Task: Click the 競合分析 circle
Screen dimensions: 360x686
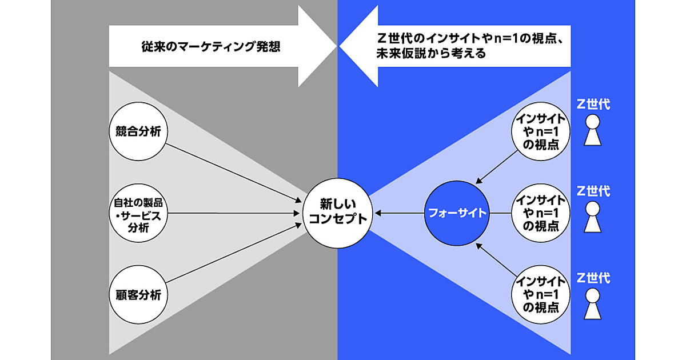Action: tap(137, 131)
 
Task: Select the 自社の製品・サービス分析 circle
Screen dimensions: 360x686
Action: tap(137, 213)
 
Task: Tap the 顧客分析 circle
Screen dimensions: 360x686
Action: tap(137, 295)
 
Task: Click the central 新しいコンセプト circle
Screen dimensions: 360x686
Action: tap(334, 213)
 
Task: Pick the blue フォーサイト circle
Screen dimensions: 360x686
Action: tap(457, 213)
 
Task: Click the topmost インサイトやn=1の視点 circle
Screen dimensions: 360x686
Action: tap(541, 131)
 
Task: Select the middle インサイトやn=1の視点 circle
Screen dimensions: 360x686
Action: tap(541, 213)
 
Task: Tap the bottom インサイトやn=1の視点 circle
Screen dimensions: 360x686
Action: tap(541, 295)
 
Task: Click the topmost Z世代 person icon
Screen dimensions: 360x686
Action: tap(593, 131)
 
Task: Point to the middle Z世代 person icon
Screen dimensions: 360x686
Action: tap(593, 217)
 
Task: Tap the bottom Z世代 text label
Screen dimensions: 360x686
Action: tap(593, 278)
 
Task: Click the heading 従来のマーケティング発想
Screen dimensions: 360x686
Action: tap(203, 47)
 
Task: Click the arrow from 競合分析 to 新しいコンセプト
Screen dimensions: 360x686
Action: tap(234, 171)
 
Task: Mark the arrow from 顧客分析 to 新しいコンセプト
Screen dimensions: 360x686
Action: tap(234, 254)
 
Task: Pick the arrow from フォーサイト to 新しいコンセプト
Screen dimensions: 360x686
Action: tap(400, 213)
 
